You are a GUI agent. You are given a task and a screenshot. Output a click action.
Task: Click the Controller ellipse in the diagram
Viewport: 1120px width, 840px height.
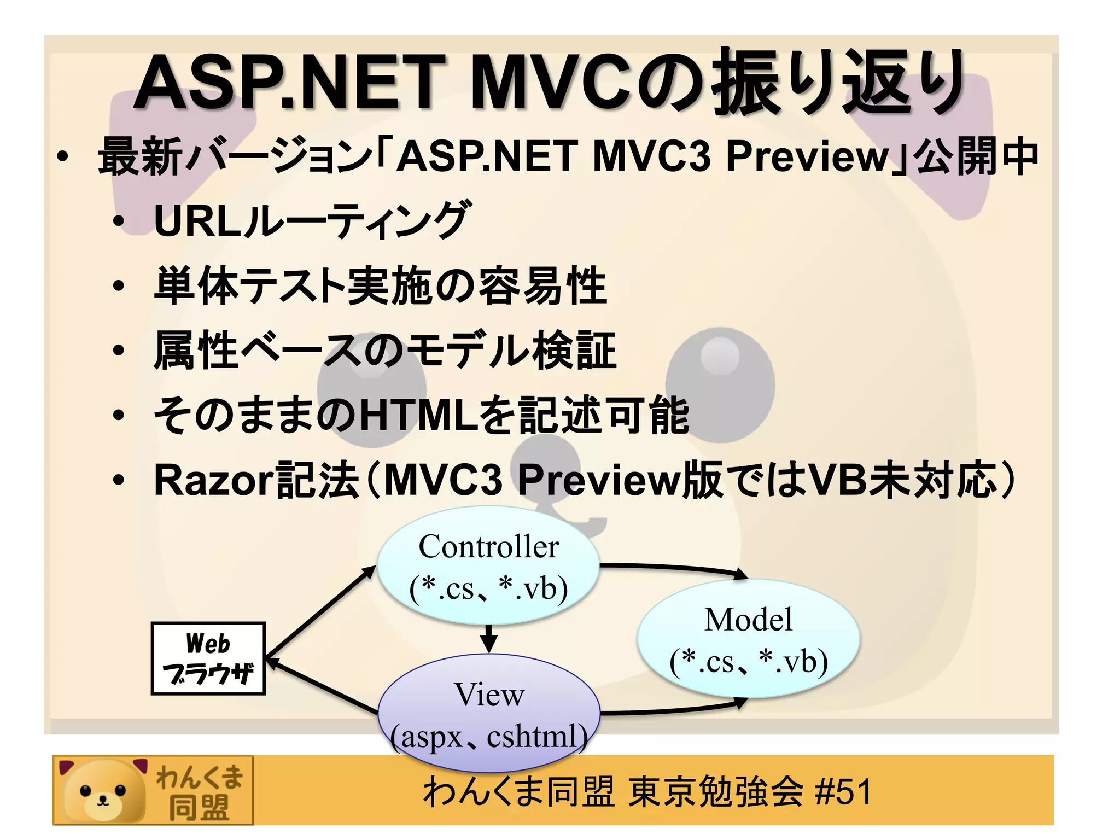pos(488,566)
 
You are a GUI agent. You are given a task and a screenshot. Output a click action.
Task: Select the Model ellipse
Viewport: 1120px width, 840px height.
pos(748,639)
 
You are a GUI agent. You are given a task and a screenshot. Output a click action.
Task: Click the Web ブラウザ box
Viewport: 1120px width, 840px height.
pos(208,658)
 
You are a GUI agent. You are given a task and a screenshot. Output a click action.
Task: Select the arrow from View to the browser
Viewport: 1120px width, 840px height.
pos(323,686)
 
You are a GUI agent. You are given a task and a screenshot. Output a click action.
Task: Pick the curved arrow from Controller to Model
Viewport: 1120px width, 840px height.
pos(673,568)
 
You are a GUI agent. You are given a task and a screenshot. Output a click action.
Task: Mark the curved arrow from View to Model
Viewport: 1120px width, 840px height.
pos(673,710)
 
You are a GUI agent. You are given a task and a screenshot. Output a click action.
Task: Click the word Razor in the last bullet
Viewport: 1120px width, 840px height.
pos(213,480)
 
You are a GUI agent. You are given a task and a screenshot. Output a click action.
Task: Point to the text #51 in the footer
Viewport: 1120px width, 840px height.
pos(843,791)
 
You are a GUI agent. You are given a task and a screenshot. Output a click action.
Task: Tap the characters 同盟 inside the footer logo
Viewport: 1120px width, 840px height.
pos(198,807)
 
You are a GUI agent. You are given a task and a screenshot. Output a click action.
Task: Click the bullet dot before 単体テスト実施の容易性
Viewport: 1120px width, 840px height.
pos(119,285)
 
